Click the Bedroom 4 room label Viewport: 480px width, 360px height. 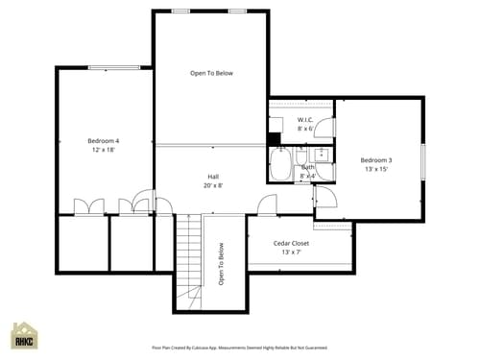pos(103,140)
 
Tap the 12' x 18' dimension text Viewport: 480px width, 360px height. pos(103,150)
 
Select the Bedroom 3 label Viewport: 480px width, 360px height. pos(375,159)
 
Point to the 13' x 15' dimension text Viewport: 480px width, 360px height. pos(375,169)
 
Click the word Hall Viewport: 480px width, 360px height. pos(213,176)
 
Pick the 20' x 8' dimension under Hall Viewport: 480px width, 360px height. pos(213,185)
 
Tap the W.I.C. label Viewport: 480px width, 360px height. pos(305,120)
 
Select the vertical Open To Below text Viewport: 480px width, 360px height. pos(221,264)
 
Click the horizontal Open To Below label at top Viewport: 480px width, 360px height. pos(211,73)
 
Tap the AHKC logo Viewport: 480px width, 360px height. pos(24,336)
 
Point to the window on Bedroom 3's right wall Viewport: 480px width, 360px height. pos(422,159)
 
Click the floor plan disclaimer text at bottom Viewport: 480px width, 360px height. pos(239,348)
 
